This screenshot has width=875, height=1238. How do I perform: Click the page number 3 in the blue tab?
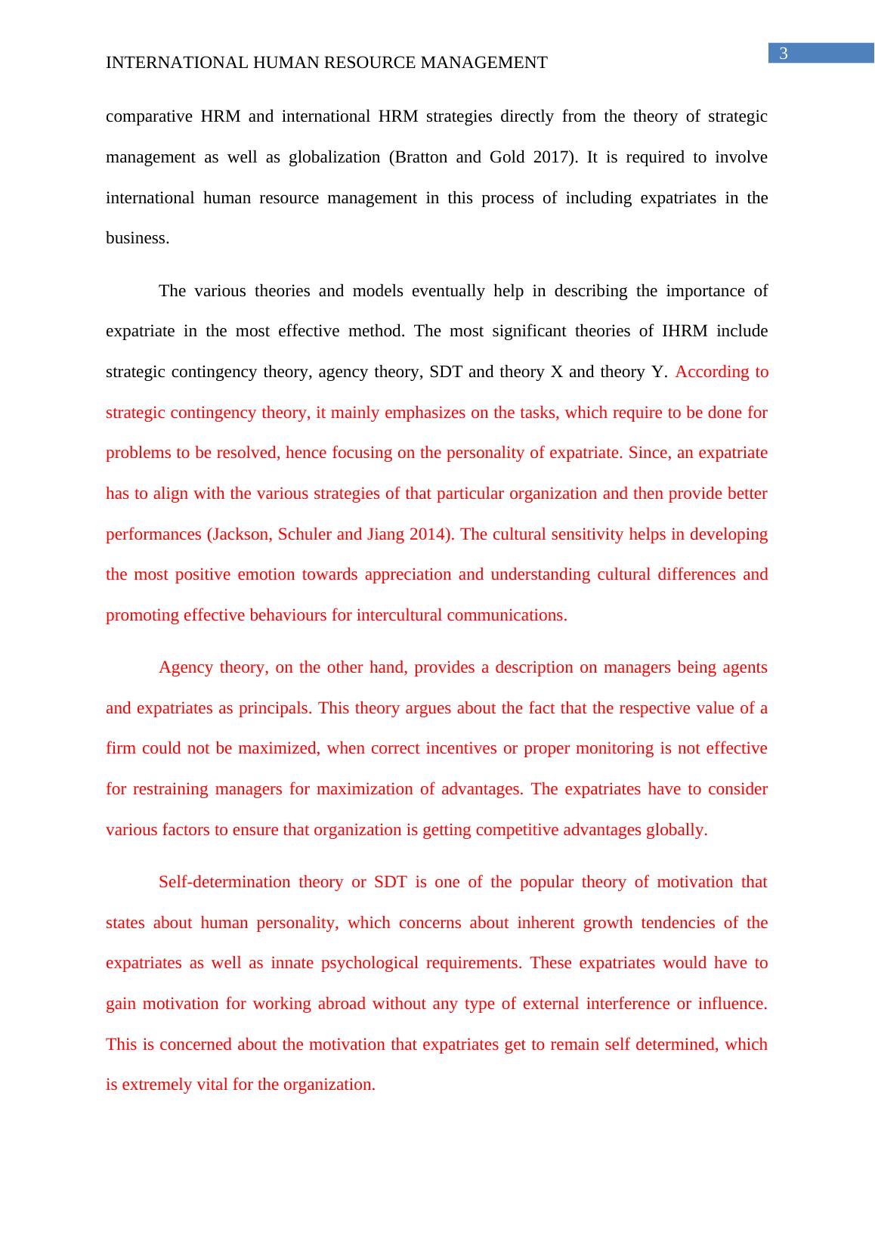click(x=784, y=54)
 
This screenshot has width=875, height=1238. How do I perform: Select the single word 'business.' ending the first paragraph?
click(x=138, y=238)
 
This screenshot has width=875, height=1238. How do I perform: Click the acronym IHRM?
click(x=685, y=331)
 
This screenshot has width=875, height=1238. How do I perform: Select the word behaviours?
click(x=289, y=615)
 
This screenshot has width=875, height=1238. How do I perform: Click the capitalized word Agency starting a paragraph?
click(x=184, y=667)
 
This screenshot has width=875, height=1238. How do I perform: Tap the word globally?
click(x=676, y=830)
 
